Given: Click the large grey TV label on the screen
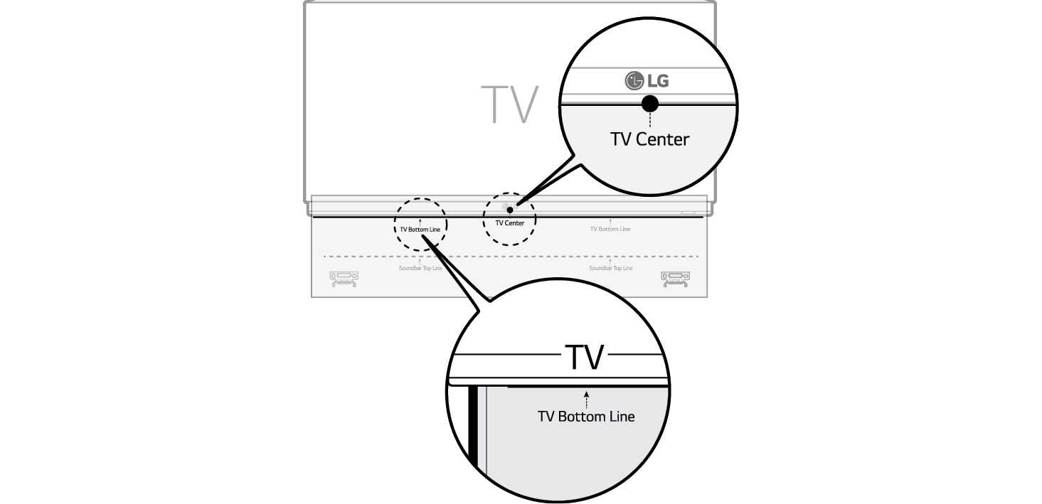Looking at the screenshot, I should tap(509, 105).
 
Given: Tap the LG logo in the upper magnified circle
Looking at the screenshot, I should tap(647, 81).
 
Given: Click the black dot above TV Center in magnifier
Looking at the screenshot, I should tap(650, 104).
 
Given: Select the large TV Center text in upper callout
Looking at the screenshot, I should tap(649, 139).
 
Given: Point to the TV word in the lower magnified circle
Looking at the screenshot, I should tap(584, 358).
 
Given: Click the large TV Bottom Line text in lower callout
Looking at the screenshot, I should tap(586, 416).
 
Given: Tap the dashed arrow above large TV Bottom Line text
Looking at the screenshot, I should tap(586, 398).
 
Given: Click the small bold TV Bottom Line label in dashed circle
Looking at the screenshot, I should tap(420, 230).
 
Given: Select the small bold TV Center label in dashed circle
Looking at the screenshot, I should tap(509, 223).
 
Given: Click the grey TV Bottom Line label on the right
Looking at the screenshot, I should tap(610, 229).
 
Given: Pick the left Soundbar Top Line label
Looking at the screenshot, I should tap(420, 268).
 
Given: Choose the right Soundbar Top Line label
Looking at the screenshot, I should tap(610, 268).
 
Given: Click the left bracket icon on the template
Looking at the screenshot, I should tap(343, 279).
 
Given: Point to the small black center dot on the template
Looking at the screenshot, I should tap(510, 208).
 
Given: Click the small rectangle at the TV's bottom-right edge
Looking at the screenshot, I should tap(688, 211).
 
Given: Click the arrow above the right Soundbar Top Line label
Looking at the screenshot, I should tap(610, 262).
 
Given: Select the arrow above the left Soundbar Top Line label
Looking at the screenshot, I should tap(420, 262).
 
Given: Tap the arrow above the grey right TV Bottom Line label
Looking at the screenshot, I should tap(610, 222).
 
